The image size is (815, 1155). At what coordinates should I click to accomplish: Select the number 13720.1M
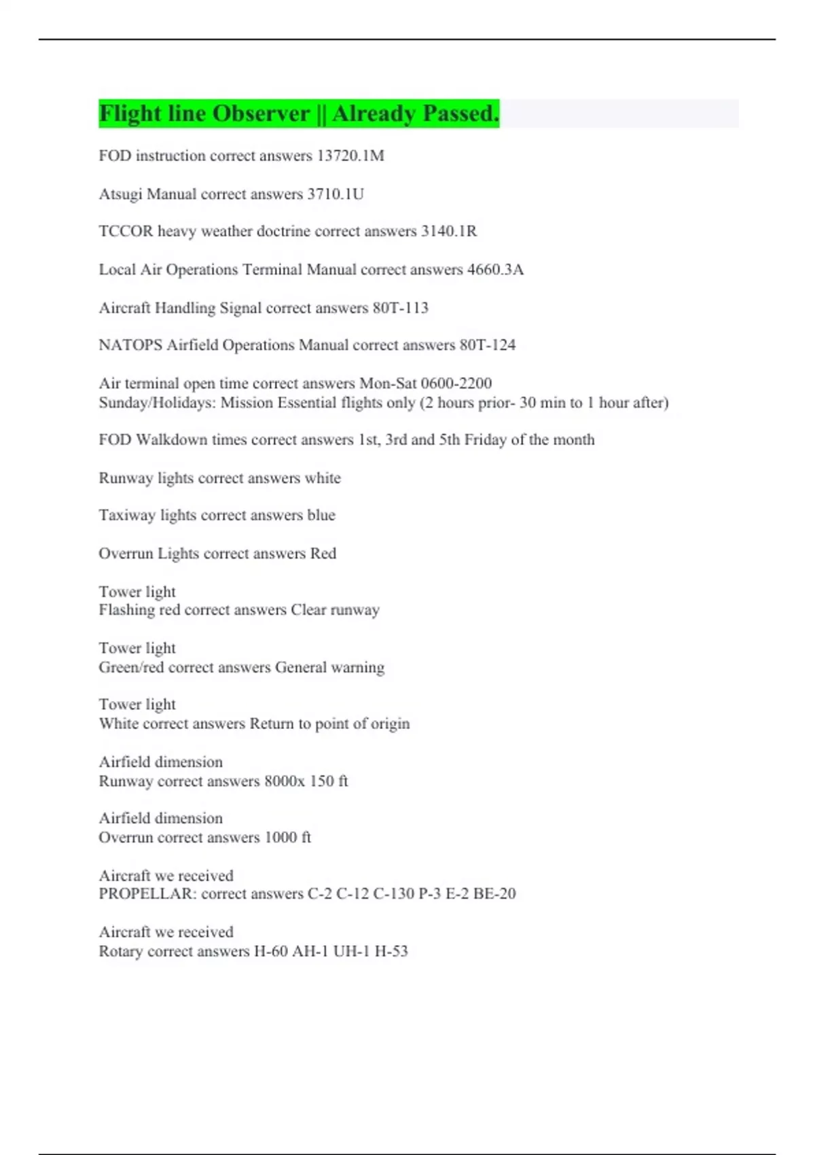tap(350, 156)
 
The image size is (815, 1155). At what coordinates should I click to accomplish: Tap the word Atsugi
tap(120, 194)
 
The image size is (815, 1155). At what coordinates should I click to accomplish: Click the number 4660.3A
tap(495, 270)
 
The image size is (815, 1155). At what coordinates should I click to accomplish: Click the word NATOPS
tap(130, 345)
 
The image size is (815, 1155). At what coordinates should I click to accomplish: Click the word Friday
tap(485, 440)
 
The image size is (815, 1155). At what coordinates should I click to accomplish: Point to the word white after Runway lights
tap(323, 478)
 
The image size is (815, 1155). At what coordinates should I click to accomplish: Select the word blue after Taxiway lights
tap(321, 516)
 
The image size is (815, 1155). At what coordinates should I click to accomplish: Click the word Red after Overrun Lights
tap(323, 554)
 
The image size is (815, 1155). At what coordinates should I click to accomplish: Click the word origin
tap(390, 724)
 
